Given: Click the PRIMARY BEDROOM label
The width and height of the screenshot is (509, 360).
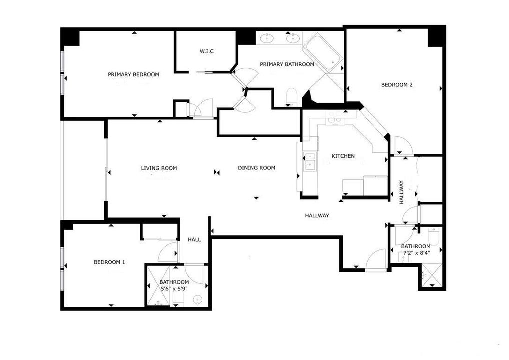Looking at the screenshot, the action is point(133,74).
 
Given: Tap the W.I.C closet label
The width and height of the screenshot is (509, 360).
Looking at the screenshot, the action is point(207,51).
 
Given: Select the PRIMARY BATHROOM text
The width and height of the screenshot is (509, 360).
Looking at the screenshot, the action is point(287,64).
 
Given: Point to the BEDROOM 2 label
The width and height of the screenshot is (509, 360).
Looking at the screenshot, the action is point(397,85).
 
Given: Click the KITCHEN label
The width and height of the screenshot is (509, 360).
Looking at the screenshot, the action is point(343,156).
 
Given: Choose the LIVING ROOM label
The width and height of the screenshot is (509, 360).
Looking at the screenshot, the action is point(159,168).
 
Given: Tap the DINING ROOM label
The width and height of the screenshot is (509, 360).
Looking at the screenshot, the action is point(257,168).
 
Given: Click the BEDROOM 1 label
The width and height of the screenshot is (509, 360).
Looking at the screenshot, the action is point(109,262).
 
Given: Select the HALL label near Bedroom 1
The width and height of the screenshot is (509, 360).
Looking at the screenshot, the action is point(194,240).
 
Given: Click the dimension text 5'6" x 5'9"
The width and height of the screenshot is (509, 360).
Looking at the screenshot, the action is point(174,288).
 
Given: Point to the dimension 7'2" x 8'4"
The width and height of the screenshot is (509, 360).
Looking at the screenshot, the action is point(416,252).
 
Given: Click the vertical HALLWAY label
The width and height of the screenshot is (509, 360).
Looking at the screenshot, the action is point(401,192).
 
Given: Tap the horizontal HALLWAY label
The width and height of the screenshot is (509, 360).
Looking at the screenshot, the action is point(317,215).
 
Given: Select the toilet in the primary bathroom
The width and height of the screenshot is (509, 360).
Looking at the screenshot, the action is point(292,96).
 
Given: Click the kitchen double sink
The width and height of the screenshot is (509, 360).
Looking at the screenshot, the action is point(310,161).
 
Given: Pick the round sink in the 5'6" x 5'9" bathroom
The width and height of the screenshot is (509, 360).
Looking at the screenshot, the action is point(197,300).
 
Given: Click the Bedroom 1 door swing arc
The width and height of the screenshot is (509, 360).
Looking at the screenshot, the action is point(166,250).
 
